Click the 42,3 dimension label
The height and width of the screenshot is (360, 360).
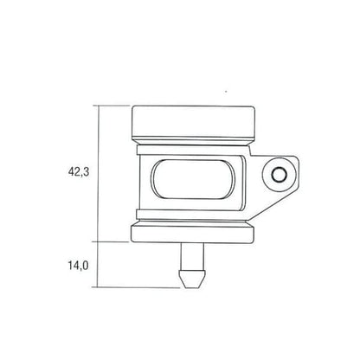point(79,172)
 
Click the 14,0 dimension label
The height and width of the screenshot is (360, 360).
point(78,266)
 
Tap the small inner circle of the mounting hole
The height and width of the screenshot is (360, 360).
point(280,175)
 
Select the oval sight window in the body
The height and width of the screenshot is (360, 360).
point(192,179)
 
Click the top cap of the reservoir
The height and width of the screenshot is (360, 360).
point(193,121)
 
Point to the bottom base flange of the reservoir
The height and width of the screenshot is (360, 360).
point(193,234)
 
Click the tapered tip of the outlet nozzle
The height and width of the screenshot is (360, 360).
point(192,280)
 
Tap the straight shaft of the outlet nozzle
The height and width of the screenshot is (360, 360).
point(192,256)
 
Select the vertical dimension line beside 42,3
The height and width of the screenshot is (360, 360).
point(99,174)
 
